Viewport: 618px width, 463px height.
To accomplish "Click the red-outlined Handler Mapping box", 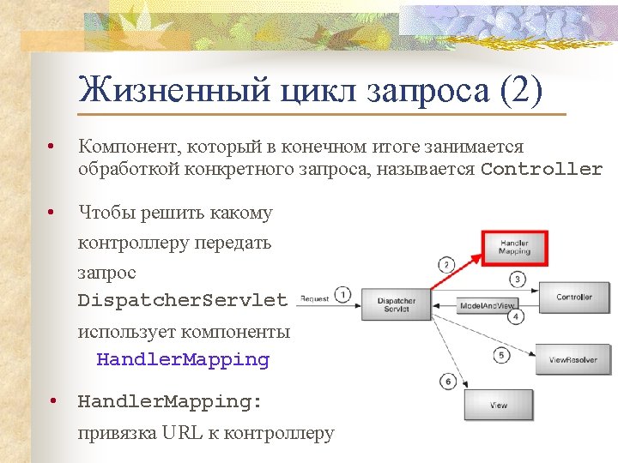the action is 514,248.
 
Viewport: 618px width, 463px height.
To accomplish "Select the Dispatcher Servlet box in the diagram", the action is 396,305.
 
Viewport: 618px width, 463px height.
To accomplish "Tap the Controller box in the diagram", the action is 573,298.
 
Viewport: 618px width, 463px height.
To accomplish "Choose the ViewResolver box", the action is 573,360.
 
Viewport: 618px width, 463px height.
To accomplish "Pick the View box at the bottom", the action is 498,405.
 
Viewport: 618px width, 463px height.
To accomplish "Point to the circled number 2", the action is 446,264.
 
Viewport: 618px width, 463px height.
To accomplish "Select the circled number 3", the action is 517,280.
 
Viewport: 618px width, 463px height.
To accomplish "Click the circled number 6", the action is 447,380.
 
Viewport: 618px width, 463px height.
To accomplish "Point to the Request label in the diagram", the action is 314,299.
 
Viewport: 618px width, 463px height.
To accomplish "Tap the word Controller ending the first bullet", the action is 542,169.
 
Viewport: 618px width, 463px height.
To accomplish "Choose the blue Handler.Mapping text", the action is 183,360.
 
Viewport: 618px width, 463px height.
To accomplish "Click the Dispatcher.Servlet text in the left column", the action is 183,300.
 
